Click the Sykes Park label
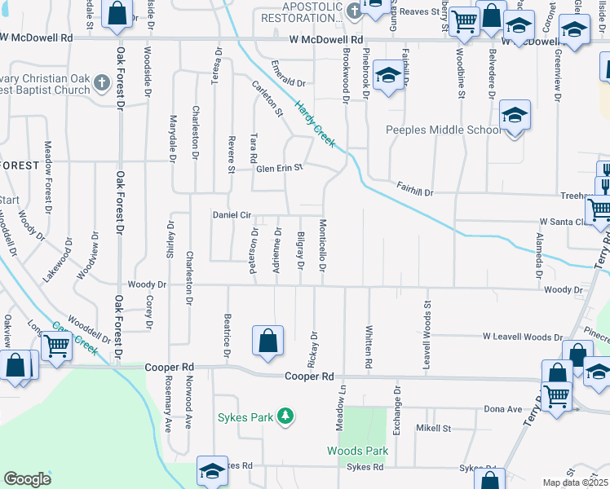tap(245, 417)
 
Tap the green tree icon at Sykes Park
tap(285, 417)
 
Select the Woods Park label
tap(357, 450)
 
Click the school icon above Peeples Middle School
tap(515, 116)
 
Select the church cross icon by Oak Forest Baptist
tap(101, 81)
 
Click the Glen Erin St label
tap(280, 168)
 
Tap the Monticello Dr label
tap(323, 242)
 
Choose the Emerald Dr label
tap(288, 83)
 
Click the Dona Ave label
tap(502, 408)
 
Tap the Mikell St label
tap(434, 428)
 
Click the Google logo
tap(27, 479)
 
